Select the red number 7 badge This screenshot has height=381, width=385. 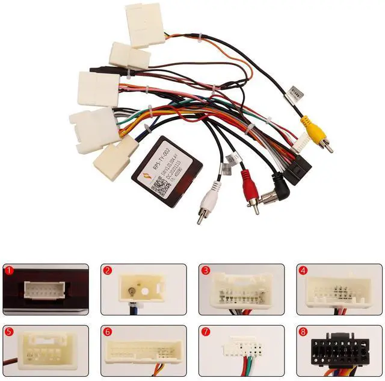coord(205,331)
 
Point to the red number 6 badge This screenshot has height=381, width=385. coord(106,331)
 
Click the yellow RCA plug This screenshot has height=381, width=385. coord(310,132)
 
